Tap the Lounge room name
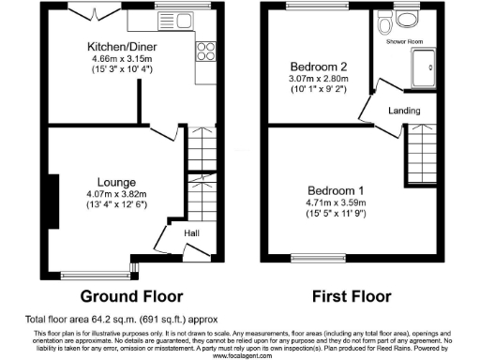(x=116, y=182)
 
